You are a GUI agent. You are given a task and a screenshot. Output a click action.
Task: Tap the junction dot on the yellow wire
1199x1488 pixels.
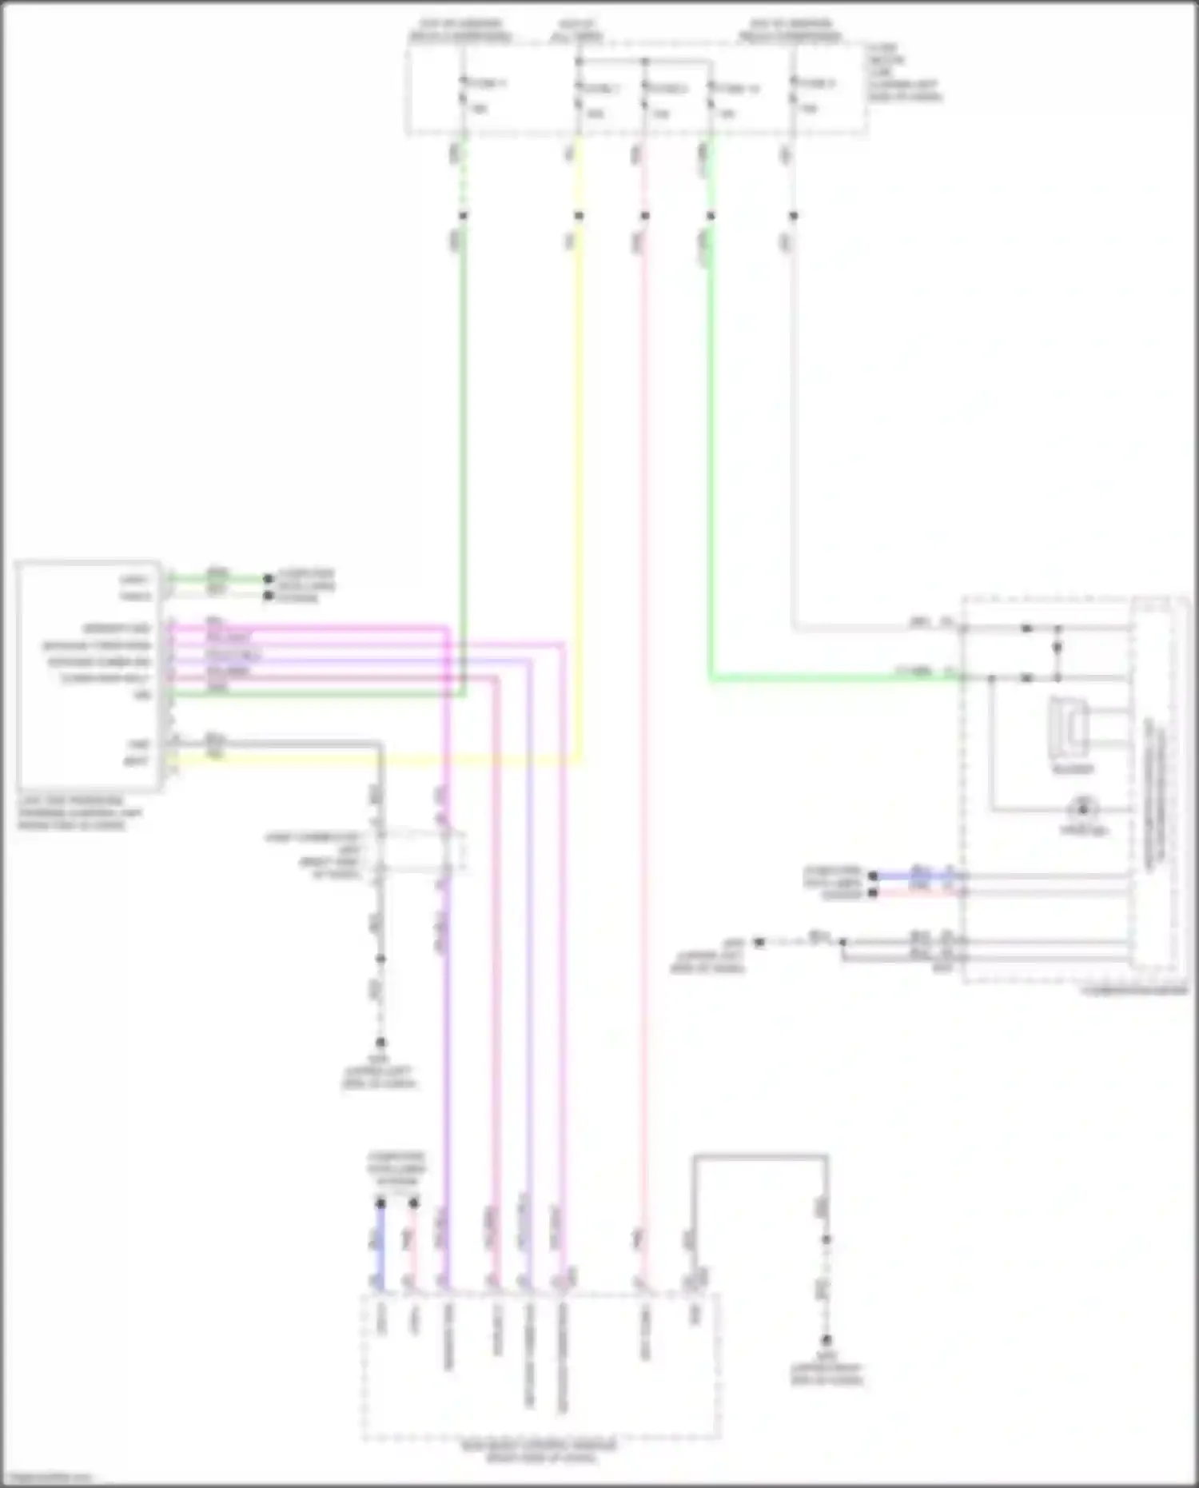579,216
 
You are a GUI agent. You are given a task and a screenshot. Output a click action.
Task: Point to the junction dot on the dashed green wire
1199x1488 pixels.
462,216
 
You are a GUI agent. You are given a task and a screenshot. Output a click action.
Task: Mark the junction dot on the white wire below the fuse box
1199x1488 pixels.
793,216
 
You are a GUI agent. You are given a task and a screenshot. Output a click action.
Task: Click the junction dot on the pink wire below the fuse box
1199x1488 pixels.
644,216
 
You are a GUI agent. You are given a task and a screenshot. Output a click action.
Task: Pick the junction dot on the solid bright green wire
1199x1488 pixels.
710,216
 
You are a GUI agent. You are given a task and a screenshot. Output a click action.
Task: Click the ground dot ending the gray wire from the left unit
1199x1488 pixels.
380,1043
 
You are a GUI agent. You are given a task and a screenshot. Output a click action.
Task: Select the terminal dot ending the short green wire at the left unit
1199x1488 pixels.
269,578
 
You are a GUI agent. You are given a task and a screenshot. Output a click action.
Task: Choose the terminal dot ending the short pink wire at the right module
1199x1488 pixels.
874,892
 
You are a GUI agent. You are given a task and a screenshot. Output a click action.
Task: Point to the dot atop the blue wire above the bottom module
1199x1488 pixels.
381,1203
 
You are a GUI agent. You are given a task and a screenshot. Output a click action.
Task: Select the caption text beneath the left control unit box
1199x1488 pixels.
80,812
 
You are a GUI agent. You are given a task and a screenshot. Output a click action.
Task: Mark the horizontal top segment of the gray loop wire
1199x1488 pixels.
759,1156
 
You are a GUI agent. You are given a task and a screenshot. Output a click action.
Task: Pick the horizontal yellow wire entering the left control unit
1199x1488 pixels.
376,761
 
